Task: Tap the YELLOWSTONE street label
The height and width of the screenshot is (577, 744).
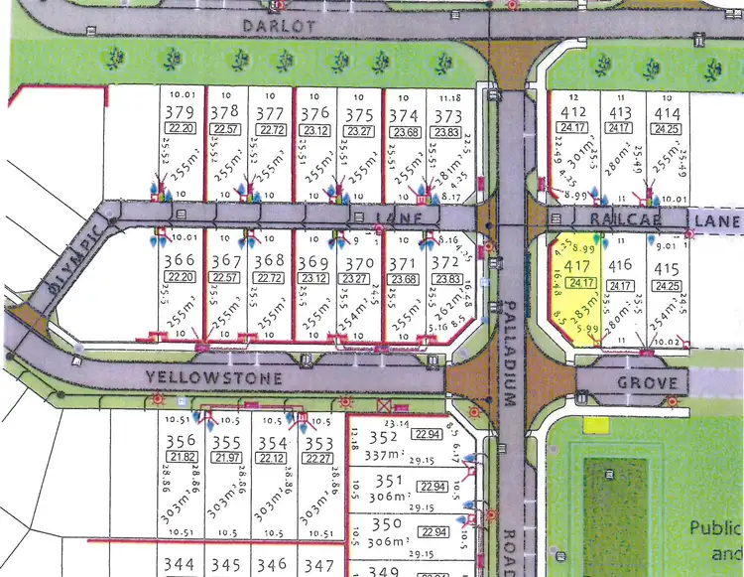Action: click(x=214, y=378)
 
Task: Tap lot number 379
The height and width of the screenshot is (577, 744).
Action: click(x=180, y=112)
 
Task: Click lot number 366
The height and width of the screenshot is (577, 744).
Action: click(x=180, y=261)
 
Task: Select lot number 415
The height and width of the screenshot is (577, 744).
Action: click(x=667, y=268)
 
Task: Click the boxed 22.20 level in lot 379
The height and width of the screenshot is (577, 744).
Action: click(x=181, y=130)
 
